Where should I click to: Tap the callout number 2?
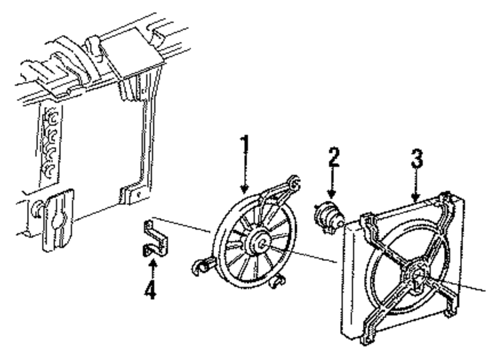click(x=333, y=158)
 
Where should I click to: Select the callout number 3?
click(x=416, y=158)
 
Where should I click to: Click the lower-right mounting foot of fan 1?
click(x=276, y=283)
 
